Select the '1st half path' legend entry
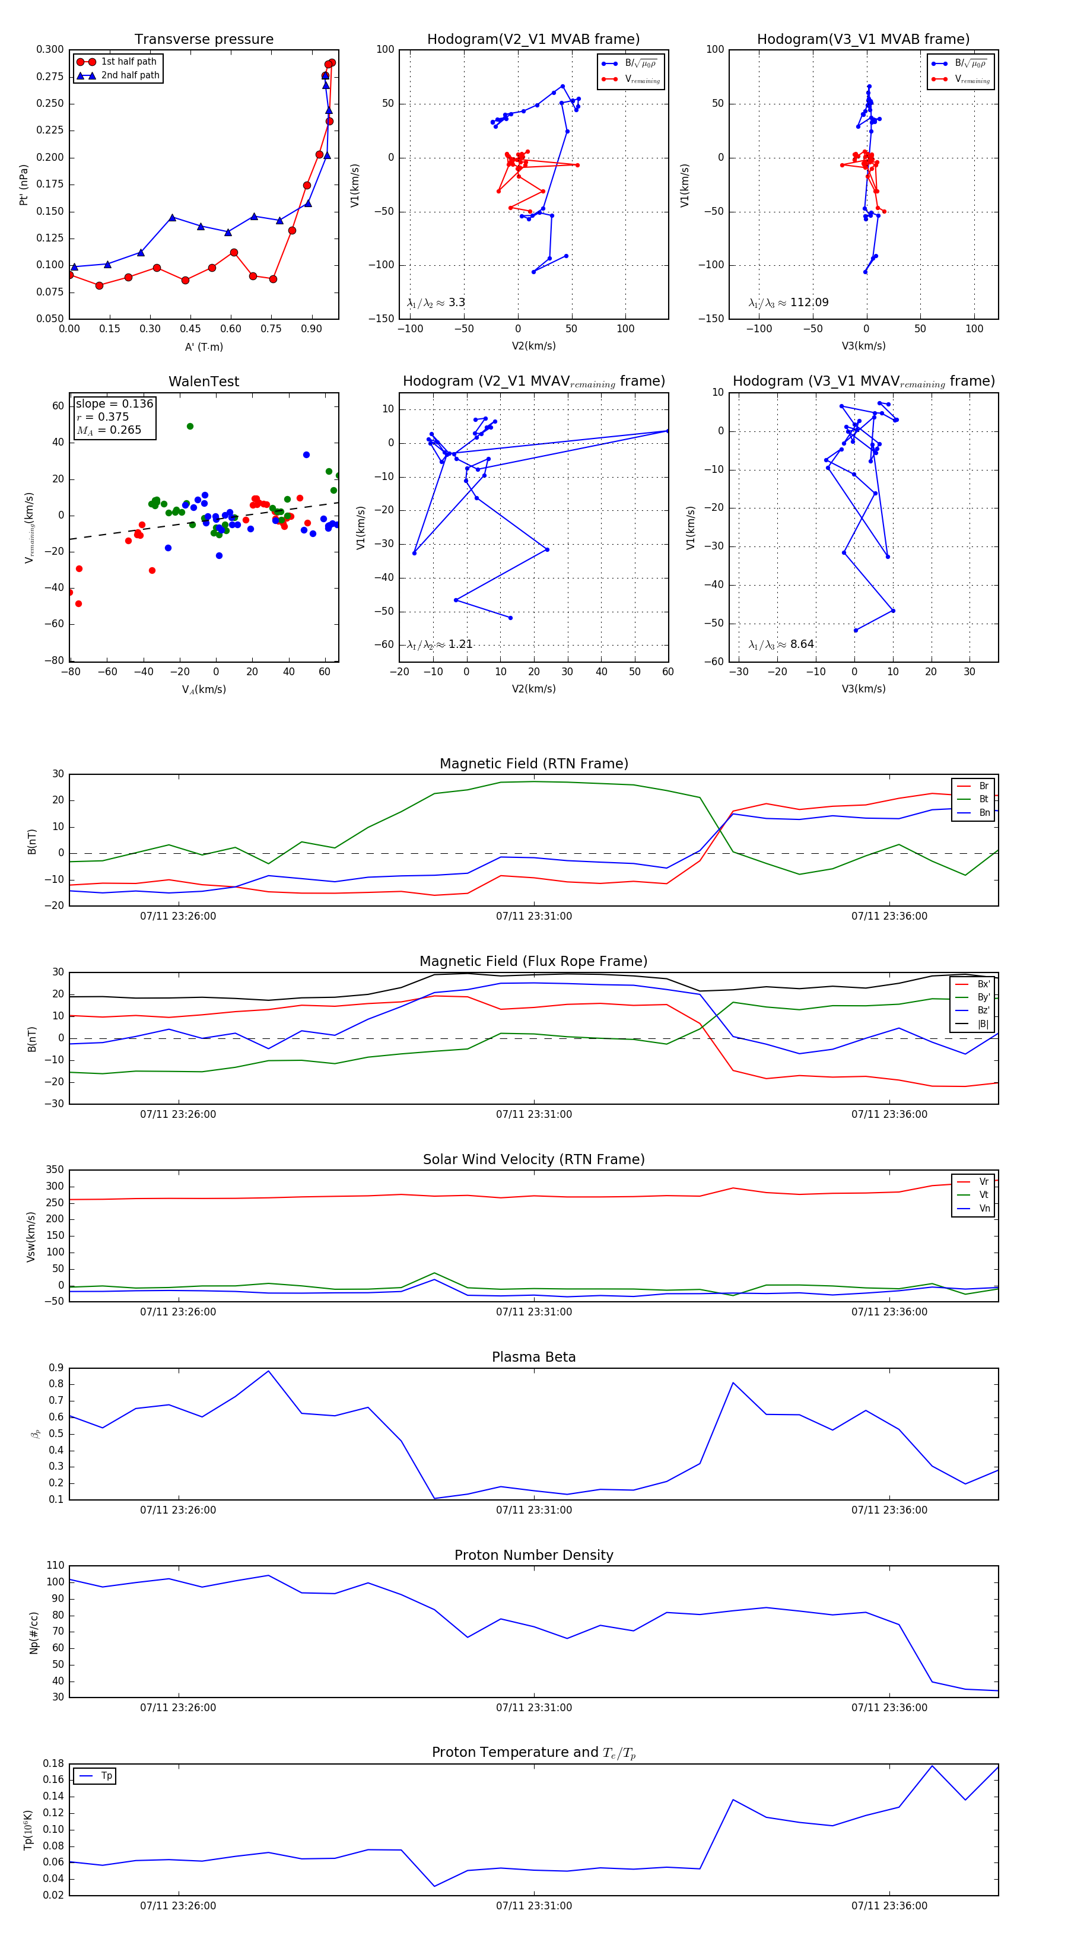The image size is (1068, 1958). pos(129,62)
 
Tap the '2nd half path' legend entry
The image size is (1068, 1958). pos(130,75)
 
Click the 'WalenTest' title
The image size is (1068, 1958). pos(204,382)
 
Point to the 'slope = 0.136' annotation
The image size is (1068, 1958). pos(114,403)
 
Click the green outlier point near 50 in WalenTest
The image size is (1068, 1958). pos(190,427)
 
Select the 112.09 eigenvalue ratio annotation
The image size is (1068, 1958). pos(809,303)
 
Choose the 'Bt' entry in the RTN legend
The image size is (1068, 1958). pos(983,799)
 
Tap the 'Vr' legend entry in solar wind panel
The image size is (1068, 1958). pos(983,1182)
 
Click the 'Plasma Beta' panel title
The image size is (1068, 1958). pos(533,1358)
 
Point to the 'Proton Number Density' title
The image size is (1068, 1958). pos(533,1555)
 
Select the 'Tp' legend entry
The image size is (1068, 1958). pos(106,1776)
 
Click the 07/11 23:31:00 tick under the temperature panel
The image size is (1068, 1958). pos(533,1906)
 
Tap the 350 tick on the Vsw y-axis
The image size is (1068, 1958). pos(55,1170)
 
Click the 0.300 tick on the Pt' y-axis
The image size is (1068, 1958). pos(50,49)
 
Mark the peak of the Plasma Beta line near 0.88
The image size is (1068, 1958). pos(268,1371)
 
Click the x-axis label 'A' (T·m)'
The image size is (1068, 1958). pos(204,347)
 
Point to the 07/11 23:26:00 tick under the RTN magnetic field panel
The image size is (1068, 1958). pos(178,916)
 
